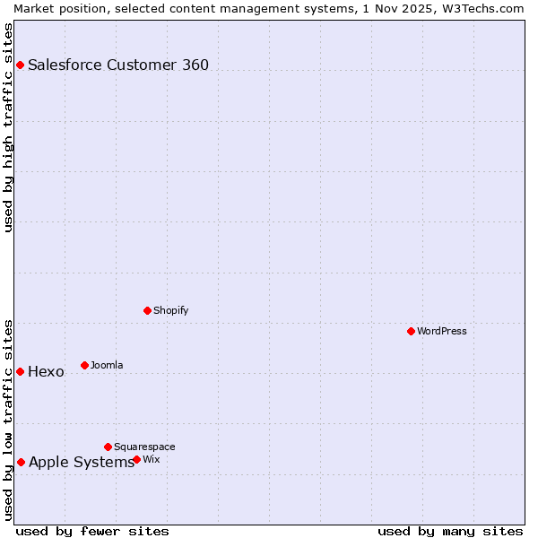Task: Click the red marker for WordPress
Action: click(411, 331)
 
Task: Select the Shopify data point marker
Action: click(147, 310)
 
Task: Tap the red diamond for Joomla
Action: click(84, 365)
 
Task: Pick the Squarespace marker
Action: click(108, 447)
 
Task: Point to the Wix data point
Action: click(136, 459)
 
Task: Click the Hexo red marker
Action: click(20, 371)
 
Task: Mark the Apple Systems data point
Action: click(21, 462)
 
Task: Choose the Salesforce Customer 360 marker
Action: click(20, 65)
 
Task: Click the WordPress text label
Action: click(442, 331)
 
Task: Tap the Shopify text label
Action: click(171, 310)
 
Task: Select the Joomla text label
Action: click(107, 365)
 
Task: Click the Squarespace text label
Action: click(144, 447)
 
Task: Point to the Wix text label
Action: click(151, 459)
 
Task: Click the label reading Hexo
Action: click(46, 371)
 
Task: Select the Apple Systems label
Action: click(81, 462)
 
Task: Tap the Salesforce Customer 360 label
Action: click(118, 65)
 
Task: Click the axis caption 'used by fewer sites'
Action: click(92, 531)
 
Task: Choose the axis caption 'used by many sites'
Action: click(450, 531)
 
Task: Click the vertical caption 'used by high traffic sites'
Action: click(9, 127)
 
